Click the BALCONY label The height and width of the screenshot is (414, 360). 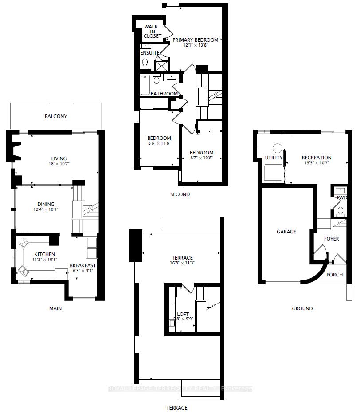coord(56,116)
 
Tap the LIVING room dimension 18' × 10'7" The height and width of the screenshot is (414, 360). coord(59,165)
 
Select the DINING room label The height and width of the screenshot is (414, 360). coord(46,204)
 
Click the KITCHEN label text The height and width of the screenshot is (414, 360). coord(44,254)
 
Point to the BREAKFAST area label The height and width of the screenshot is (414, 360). coord(83,265)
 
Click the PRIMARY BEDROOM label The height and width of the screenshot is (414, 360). coord(196,40)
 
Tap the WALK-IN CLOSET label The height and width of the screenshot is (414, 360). coord(152,32)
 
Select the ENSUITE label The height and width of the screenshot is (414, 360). coord(150,53)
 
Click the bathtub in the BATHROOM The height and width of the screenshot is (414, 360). coord(145,85)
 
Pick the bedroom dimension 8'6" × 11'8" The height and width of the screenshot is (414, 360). coord(159,143)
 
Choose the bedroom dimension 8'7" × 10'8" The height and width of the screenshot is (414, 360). coord(202,158)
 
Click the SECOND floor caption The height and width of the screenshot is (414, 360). coord(180,194)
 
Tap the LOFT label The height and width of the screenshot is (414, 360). coord(183,313)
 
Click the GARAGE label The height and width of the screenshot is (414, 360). coord(286,232)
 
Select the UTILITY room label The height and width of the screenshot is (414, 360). coord(274,158)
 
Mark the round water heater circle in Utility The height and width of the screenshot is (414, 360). coord(278,148)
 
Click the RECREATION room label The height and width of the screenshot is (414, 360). coord(316,158)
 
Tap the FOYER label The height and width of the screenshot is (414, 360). coord(331,239)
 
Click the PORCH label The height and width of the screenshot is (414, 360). coord(334,275)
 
